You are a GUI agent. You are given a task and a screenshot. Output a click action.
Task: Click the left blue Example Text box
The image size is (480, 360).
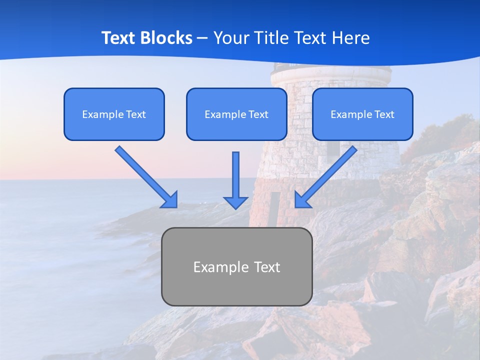114,114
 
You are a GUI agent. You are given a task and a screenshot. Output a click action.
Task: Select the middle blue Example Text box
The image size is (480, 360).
236,114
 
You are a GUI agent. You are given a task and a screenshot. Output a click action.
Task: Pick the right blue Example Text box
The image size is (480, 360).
362,114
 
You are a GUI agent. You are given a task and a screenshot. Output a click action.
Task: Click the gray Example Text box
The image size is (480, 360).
236,266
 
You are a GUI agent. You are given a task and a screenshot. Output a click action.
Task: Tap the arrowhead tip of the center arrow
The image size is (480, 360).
235,207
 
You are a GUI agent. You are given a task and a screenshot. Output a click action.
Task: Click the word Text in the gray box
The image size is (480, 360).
267,267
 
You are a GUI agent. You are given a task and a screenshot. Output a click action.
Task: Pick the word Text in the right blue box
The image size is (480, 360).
384,114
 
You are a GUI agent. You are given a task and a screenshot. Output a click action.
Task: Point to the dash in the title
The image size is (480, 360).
202,38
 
